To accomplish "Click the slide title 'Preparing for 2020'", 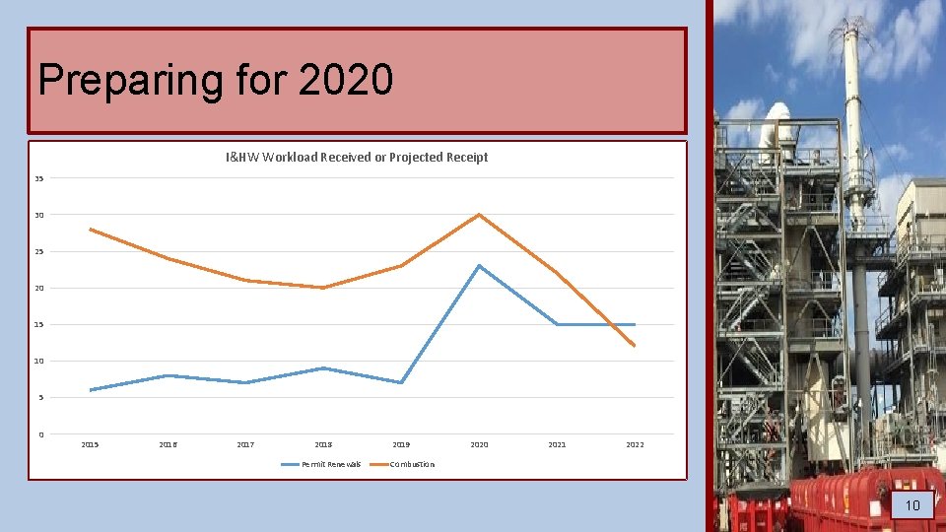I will tap(216, 79).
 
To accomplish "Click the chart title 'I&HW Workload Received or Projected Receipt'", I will tap(357, 157).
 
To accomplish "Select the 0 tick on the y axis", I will tap(40, 434).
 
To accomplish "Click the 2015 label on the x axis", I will tap(90, 445).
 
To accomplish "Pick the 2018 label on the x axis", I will tap(323, 445).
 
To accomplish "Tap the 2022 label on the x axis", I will tap(635, 445).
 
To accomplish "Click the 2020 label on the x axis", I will tap(479, 445).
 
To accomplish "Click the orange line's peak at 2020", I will tap(479, 215).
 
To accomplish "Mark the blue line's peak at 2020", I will tap(479, 266).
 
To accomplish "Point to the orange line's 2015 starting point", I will tap(90, 230).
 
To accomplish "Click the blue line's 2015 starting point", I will tap(90, 390).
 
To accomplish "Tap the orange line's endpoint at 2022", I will tap(635, 346).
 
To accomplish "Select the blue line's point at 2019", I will tap(401, 382).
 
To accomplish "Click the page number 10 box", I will tap(912, 505).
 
